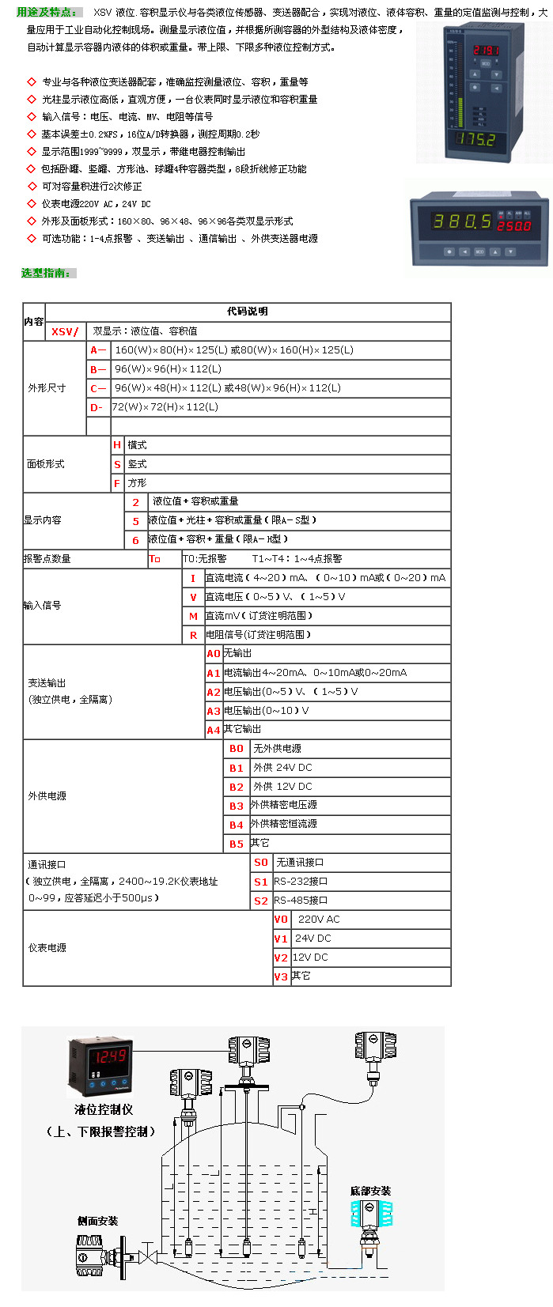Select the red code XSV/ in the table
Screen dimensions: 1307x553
(65, 331)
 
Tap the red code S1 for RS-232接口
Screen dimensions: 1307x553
(261, 882)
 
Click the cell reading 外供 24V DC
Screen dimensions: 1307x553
(282, 768)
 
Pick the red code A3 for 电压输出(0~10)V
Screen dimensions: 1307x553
(214, 711)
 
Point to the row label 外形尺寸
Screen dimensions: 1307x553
(47, 388)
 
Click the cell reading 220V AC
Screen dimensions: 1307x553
(318, 920)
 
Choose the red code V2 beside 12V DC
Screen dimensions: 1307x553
(281, 958)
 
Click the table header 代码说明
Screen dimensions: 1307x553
(248, 312)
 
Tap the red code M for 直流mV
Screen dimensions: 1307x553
(193, 616)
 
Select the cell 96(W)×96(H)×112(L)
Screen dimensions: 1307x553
(168, 369)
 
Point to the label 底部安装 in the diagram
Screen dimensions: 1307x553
(370, 1191)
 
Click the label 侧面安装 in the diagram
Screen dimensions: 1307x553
(97, 1221)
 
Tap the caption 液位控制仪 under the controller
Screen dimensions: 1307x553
(104, 1109)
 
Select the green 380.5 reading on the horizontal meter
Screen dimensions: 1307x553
(461, 221)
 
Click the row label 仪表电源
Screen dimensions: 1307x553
(47, 947)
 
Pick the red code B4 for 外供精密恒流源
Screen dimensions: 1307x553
(237, 825)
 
